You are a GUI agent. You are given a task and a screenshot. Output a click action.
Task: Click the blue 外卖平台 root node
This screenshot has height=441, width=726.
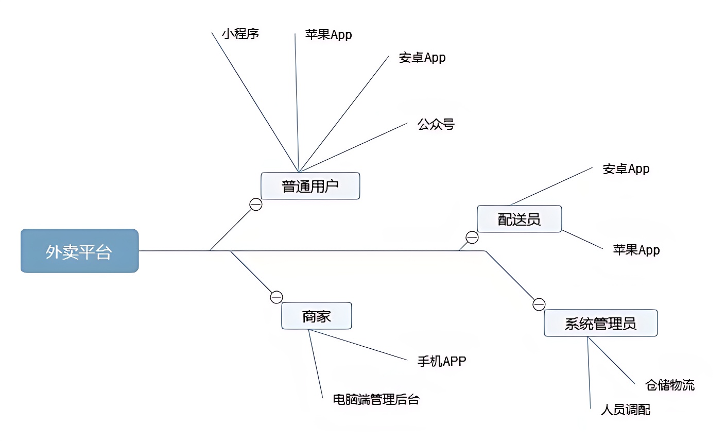[80, 251]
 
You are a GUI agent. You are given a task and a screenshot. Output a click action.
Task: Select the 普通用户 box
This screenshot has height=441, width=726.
[310, 186]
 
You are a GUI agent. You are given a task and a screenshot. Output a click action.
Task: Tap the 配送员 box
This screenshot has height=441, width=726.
[519, 219]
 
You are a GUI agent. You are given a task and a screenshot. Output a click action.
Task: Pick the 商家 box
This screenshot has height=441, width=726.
[316, 316]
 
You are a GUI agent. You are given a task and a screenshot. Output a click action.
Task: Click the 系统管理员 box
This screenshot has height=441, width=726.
[600, 323]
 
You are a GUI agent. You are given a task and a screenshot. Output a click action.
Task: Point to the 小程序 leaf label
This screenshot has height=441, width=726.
[240, 33]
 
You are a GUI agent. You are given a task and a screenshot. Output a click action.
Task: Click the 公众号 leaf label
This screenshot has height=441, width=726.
[436, 124]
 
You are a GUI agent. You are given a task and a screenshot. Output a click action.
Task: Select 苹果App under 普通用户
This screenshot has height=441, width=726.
[329, 35]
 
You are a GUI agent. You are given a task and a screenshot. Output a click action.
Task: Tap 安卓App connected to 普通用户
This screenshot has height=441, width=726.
[422, 58]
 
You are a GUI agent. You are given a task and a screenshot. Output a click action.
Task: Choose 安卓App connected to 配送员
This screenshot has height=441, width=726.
[626, 169]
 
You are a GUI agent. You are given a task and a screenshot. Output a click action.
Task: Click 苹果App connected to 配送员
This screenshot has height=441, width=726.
[636, 250]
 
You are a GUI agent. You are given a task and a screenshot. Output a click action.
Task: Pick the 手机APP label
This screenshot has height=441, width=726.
[441, 361]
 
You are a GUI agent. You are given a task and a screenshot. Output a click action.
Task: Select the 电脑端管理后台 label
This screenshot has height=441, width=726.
[376, 399]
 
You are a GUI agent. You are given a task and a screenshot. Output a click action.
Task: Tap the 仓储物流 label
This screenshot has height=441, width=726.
[669, 385]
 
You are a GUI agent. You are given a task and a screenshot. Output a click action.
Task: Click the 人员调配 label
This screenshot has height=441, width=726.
[625, 410]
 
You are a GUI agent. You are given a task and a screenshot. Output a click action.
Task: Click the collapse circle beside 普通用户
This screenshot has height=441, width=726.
[256, 205]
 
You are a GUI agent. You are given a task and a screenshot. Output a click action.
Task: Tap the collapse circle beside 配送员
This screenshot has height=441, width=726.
[472, 238]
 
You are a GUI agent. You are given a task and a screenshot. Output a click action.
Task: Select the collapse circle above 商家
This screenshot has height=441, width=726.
[276, 297]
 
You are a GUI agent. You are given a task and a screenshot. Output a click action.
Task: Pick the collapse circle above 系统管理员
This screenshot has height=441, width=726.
[539, 304]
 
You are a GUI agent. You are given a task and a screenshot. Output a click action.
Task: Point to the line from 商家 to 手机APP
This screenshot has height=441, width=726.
[358, 345]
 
